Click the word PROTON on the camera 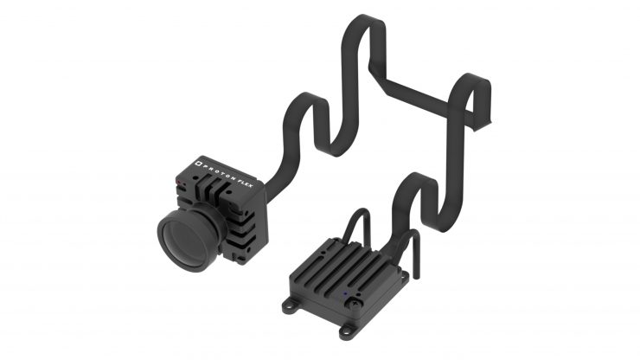click(218, 170)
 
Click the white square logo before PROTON click(199, 164)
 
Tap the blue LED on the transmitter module click(345, 293)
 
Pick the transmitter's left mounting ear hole click(291, 304)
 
